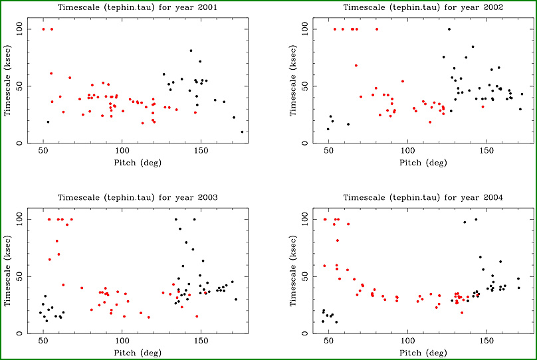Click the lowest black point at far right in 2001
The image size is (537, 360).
click(x=242, y=132)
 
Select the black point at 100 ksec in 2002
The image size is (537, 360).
click(x=449, y=29)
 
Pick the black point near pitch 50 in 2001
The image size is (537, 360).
click(x=48, y=122)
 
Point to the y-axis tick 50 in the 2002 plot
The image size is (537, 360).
click(x=304, y=86)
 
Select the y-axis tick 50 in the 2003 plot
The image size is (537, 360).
click(x=20, y=276)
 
